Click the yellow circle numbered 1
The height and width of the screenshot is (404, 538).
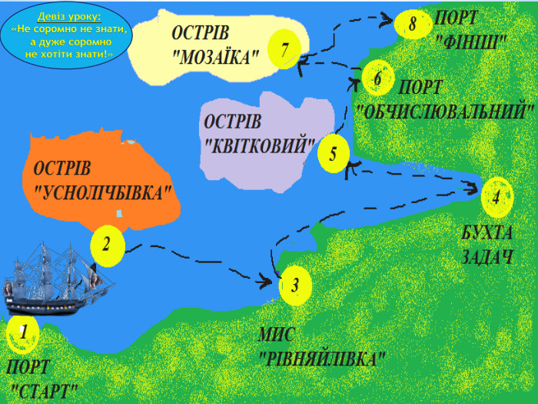(x=23, y=332)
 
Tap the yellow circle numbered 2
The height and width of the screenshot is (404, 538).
(x=107, y=245)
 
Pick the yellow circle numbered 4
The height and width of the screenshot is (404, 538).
(x=496, y=196)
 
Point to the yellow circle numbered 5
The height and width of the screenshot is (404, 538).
(x=333, y=153)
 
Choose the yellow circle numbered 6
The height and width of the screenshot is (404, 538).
(x=377, y=78)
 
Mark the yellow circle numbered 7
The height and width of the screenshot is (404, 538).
(x=284, y=51)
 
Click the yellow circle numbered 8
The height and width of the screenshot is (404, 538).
(x=413, y=24)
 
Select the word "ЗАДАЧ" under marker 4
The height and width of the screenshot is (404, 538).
(x=487, y=257)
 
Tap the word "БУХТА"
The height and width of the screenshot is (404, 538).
(x=486, y=232)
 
